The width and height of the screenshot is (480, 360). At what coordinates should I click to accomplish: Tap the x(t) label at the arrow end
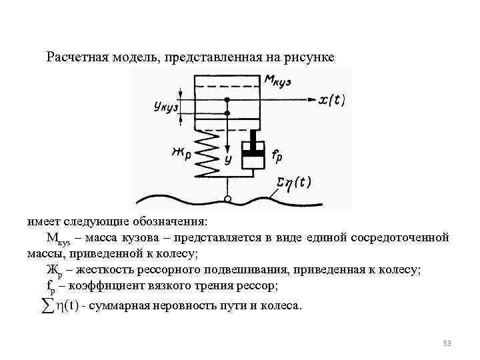click(331, 100)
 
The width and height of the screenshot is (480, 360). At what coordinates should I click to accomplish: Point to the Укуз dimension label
click(163, 106)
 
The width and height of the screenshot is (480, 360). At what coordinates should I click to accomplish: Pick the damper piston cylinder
click(252, 153)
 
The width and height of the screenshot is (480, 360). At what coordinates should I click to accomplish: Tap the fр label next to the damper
click(279, 157)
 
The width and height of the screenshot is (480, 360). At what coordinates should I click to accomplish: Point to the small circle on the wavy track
click(227, 199)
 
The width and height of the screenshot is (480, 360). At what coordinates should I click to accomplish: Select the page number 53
click(447, 343)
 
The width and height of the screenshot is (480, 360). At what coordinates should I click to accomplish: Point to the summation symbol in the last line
click(47, 305)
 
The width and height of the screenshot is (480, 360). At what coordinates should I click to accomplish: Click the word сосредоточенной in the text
click(401, 237)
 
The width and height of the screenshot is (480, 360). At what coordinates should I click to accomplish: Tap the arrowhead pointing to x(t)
click(310, 100)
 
